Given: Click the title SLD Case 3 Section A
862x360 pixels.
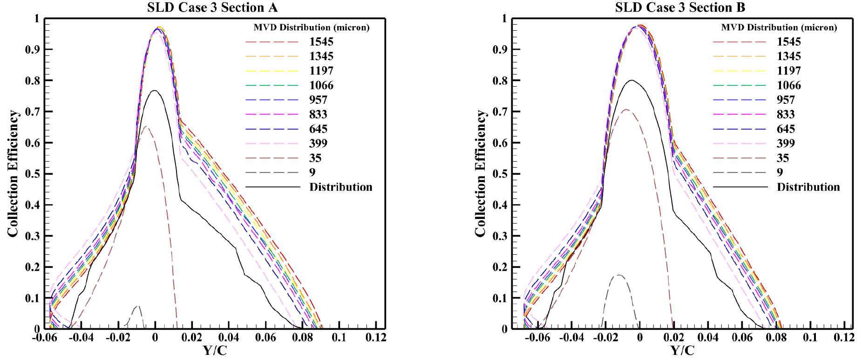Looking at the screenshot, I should coord(212,7).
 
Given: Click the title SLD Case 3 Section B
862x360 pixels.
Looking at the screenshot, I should coord(680,7).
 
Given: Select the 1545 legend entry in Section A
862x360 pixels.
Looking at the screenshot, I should coord(321,42).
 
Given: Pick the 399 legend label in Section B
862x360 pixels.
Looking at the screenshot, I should coord(786,143).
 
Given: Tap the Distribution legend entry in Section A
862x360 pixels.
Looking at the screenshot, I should coord(340,187).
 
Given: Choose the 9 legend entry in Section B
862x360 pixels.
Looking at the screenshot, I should coord(780,172).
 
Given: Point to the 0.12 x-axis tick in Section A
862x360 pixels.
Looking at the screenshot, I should coord(375,338).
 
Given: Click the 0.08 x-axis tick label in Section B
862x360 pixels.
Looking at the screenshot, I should coord(776,338).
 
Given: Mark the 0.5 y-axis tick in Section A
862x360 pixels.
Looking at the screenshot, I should coord(32,174).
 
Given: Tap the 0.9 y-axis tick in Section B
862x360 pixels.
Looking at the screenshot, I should coord(500,49).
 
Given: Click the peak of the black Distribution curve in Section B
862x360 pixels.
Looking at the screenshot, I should coord(631,80).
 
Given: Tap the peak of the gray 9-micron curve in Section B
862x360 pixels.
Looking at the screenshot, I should coord(618,275).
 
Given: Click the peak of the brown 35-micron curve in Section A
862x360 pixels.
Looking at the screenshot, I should coord(147,126).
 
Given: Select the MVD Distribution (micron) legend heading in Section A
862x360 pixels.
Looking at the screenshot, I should coord(311,27).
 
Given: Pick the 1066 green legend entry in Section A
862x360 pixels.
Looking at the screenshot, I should coord(321,85).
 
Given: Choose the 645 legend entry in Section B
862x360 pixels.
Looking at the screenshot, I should coord(786,129).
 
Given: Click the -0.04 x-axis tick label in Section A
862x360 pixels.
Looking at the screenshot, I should coord(81,338).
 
